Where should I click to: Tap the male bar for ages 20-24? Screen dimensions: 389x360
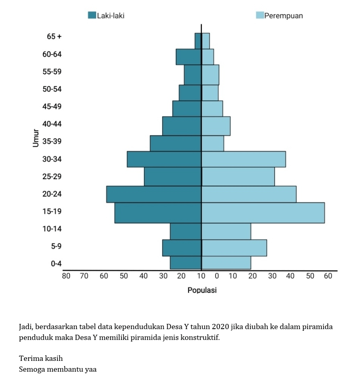click(154, 194)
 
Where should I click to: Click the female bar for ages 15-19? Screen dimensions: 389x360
click(263, 213)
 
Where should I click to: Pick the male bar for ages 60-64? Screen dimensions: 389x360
click(188, 57)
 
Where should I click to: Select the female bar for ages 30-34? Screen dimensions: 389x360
click(244, 159)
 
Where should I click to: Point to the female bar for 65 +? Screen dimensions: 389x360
click(206, 41)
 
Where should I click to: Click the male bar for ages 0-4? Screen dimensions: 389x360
click(185, 262)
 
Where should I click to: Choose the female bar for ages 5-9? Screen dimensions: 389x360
click(234, 248)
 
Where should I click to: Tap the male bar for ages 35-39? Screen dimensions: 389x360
click(175, 143)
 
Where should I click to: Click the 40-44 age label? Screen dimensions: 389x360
click(52, 124)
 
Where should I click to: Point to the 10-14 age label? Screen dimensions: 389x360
click(52, 229)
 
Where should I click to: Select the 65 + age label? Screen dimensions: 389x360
click(54, 37)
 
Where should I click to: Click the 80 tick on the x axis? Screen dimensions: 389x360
click(66, 276)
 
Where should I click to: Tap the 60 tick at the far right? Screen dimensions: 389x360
click(328, 276)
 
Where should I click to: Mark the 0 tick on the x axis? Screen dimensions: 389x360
click(217, 276)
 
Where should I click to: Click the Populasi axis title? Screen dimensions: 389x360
click(202, 290)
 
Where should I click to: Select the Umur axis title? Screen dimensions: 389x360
click(36, 138)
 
